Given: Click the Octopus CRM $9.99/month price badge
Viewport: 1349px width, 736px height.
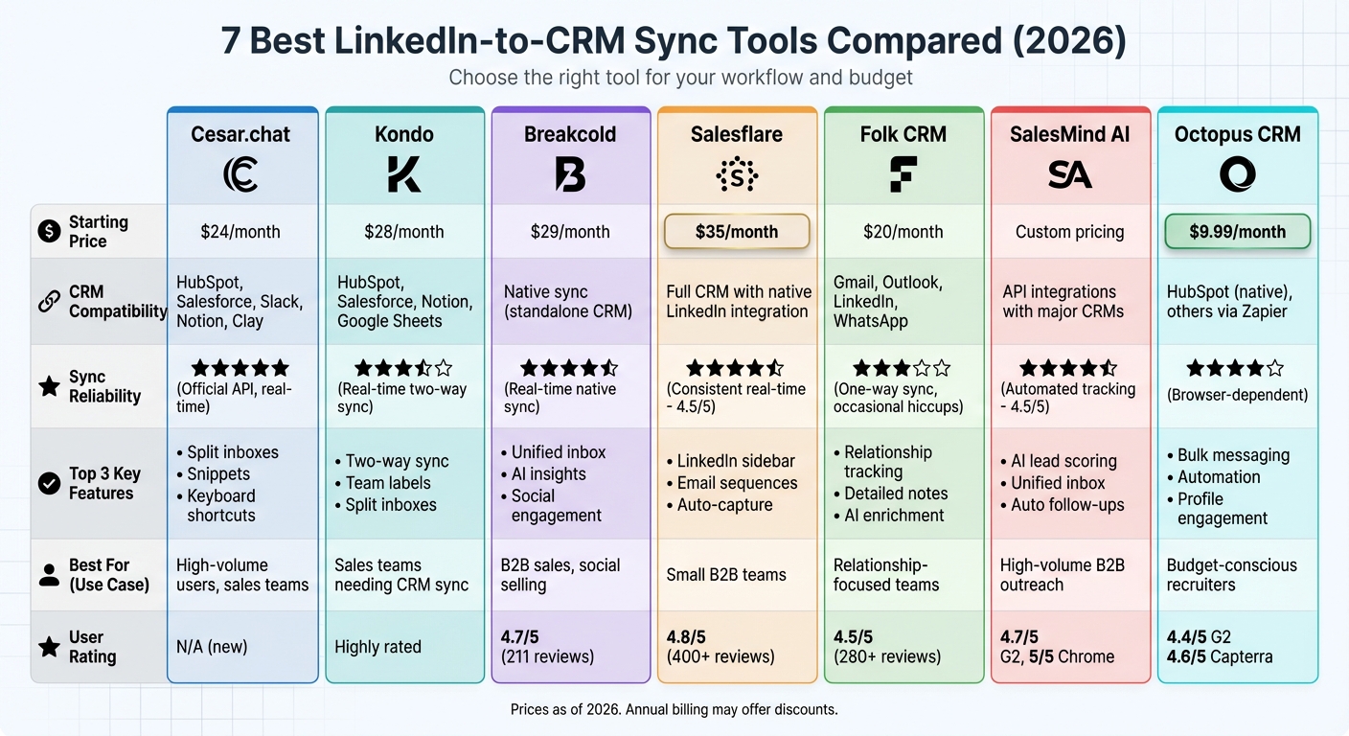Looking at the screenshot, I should coord(1237,232).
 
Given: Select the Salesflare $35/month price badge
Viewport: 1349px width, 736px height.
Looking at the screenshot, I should coord(737,232).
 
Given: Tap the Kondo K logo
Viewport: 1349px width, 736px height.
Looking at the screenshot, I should coord(404,174).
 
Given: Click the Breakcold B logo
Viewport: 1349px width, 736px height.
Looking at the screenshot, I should coord(570,174).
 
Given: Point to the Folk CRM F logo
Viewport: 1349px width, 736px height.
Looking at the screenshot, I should coord(903,174).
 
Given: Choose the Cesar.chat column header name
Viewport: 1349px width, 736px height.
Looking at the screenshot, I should coord(241,135).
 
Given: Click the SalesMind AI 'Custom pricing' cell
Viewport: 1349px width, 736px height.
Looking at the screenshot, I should coord(1069,232).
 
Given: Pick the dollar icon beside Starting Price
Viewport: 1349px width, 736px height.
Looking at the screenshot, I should coord(49,231).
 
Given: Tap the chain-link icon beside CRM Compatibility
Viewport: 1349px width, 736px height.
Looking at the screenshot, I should coord(49,301).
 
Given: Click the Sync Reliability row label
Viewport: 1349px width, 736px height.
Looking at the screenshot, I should coord(104,386).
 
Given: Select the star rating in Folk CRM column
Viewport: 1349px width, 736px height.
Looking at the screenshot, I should coord(902,368).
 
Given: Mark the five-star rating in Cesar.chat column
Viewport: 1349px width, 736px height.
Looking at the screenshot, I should coord(240,368).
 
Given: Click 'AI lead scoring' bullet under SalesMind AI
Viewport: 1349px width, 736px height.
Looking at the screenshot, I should coord(1063,461).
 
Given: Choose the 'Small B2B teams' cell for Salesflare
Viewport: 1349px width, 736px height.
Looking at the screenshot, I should coord(725,575).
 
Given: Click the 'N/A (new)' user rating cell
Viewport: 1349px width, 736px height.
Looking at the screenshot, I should coord(211,647).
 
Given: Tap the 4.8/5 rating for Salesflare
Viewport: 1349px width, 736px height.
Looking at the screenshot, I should coord(685,636).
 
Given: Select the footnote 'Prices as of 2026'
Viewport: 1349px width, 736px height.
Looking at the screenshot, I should coord(674,710).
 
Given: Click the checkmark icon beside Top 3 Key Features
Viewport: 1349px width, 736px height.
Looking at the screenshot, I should coord(49,483).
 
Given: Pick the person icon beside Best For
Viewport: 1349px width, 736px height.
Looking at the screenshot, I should coord(49,575).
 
